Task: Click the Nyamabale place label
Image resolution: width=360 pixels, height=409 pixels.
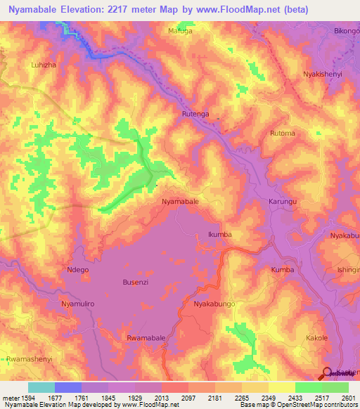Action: (180, 201)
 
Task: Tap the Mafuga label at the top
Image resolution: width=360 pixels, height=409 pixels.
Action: (180, 31)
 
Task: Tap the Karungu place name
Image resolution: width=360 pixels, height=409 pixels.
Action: (284, 202)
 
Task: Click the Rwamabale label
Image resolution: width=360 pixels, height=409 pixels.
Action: (146, 338)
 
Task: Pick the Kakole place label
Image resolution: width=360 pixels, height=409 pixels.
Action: (316, 338)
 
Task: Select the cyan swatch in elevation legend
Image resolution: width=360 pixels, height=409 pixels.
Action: (41, 387)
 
